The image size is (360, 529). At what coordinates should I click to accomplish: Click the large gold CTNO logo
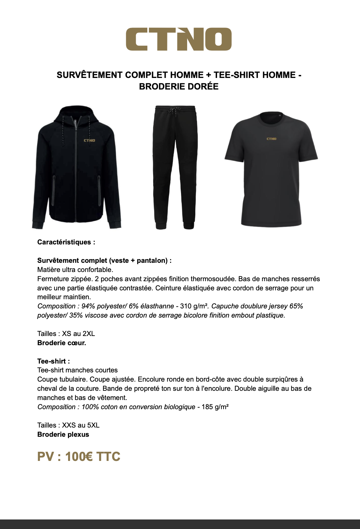(179, 39)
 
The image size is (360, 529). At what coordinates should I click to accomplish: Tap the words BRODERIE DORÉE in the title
(179, 86)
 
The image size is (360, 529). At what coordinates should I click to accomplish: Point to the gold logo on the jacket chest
(89, 140)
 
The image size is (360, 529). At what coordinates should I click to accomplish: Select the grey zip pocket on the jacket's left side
(53, 191)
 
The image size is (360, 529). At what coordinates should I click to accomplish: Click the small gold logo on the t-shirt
(271, 139)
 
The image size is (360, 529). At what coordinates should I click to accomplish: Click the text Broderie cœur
(62, 343)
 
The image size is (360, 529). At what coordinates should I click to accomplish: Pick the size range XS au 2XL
(78, 334)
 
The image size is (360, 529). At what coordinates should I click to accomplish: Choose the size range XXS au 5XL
(81, 425)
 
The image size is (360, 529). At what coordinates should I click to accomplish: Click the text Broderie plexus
(63, 434)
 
